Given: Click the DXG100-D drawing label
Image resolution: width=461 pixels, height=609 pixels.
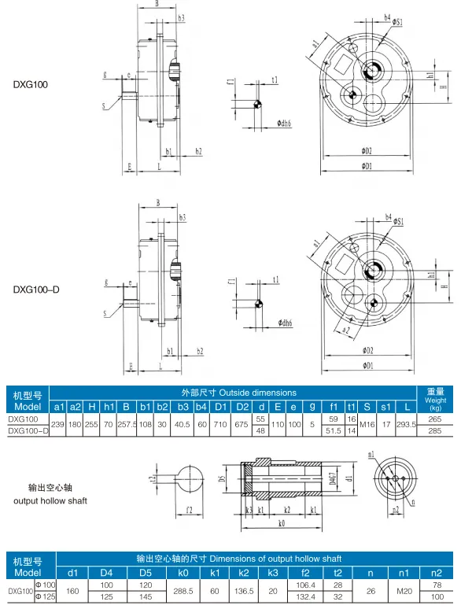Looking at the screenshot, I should pos(36,290).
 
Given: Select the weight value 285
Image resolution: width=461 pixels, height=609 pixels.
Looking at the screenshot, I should pos(435,430).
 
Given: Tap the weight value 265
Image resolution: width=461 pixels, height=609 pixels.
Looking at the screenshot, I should pos(435,419).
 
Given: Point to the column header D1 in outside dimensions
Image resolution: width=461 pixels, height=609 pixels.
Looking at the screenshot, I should pos(220,406).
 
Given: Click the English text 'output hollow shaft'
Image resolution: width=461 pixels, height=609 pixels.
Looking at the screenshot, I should pos(50,501).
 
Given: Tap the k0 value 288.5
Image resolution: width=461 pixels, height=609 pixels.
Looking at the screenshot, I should pos(183,590).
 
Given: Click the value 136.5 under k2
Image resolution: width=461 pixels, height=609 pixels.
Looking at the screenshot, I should pos(244,590).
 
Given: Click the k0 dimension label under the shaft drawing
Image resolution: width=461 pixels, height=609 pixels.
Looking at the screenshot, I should pos(282,522).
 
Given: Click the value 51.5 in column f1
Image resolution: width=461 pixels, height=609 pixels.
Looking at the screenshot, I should pos(334,430).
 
